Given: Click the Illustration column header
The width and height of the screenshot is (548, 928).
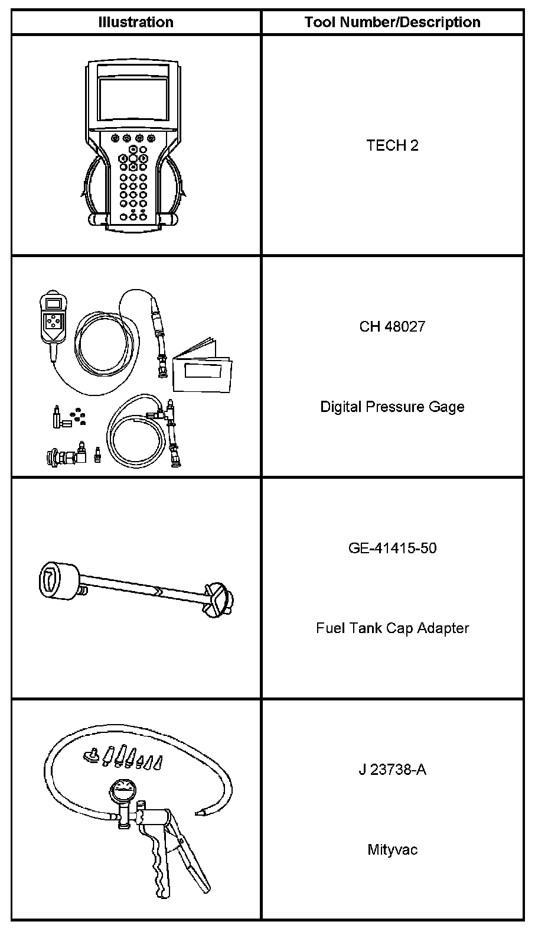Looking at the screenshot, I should pos(136,22).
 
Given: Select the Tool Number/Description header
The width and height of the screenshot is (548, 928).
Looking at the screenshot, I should pos(392,22).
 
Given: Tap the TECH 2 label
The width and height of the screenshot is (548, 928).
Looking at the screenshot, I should pos(392,145).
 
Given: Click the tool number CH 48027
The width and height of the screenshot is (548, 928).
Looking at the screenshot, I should pos(392,326).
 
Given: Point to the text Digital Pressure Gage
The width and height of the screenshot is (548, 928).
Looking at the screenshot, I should pos(392,407).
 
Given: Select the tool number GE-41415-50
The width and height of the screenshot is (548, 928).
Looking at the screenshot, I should pos(392,548).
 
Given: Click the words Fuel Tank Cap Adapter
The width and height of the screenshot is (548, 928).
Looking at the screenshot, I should pos(392,628).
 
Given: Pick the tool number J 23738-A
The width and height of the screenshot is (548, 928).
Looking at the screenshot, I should pos(392,770).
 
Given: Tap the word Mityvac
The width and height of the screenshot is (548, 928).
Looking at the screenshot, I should pos(392,850).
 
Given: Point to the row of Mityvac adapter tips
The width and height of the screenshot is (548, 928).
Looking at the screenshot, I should pos(125,758).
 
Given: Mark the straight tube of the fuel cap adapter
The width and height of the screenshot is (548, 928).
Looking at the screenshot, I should pos(145,588).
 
